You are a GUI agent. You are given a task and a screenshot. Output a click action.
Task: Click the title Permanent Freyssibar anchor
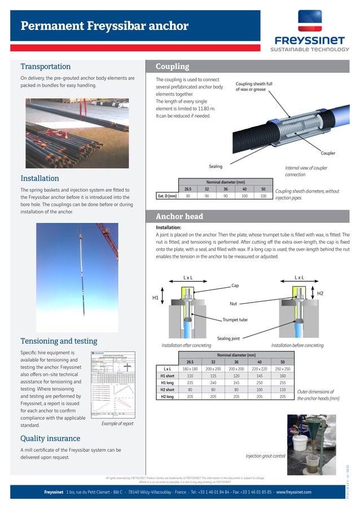[x=104, y=26]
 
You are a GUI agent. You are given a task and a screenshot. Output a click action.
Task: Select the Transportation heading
[x=46, y=66]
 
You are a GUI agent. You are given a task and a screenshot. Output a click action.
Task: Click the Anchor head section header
[x=179, y=216]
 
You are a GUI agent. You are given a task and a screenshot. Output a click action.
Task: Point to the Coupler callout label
[x=328, y=152]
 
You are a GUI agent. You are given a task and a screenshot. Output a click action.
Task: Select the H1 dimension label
[x=156, y=297]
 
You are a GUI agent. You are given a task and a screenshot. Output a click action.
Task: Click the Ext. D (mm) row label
[x=167, y=196]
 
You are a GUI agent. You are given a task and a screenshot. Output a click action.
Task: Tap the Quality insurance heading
[x=50, y=438]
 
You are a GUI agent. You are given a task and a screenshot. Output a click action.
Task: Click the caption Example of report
[x=117, y=423]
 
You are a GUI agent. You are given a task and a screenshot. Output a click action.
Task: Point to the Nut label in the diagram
[x=233, y=304]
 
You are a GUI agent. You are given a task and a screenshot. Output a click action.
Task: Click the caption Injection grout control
[x=265, y=455]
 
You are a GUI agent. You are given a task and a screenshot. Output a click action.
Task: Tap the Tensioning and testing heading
[x=59, y=341]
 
